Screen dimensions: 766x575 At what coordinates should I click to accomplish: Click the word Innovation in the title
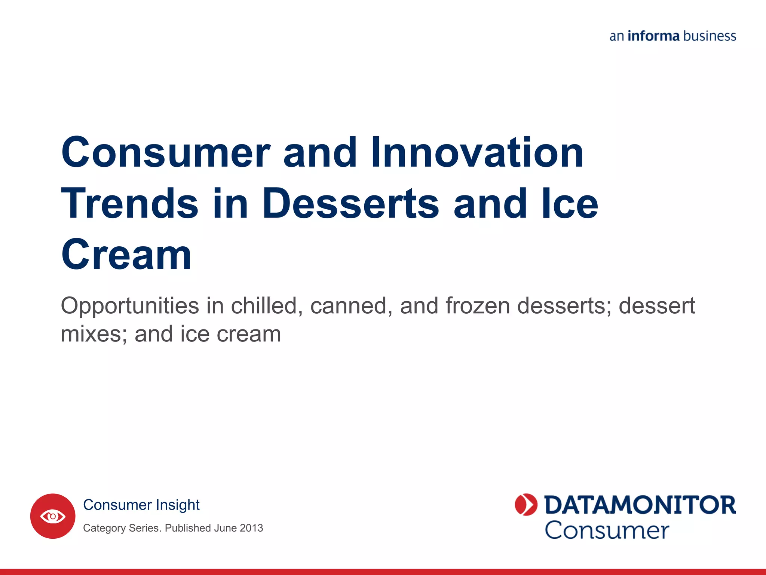[477, 152]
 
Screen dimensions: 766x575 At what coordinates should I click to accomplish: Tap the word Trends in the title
[130, 203]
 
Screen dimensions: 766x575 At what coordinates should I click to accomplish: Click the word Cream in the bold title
[126, 255]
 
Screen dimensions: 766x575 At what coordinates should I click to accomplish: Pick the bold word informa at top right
[653, 36]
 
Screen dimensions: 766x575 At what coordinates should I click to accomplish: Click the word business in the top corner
[710, 36]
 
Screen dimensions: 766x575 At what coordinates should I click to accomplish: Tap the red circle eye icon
[53, 516]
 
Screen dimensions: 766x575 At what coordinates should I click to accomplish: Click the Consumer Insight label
[141, 505]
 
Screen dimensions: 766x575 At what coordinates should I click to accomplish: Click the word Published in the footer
[188, 528]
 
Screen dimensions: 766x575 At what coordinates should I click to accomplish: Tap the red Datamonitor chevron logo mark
[526, 505]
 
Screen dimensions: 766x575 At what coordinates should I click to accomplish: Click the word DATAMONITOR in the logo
[640, 505]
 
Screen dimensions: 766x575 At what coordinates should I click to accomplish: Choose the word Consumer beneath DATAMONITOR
[607, 530]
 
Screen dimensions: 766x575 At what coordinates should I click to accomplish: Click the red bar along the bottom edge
[383, 572]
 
